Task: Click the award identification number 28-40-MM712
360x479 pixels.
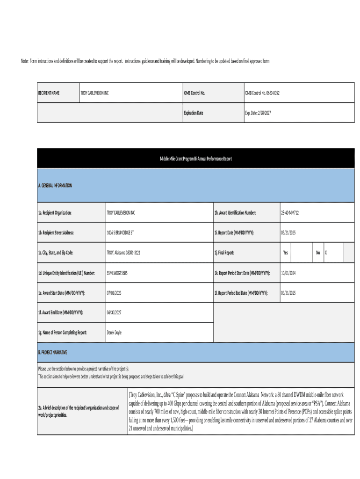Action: [x=289, y=212]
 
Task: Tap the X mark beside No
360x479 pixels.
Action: [x=326, y=253]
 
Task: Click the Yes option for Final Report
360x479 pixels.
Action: [x=285, y=253]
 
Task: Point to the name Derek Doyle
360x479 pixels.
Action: [x=114, y=333]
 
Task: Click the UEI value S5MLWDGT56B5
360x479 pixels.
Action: [x=117, y=273]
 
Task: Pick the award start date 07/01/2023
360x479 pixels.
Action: [x=114, y=293]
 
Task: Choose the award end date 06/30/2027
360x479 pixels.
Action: [x=114, y=312]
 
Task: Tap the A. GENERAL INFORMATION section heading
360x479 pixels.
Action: [x=55, y=186]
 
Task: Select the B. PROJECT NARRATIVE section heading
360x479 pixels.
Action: [x=52, y=352]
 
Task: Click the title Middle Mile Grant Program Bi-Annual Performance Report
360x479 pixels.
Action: [x=195, y=159]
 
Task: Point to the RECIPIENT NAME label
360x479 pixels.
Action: [x=49, y=93]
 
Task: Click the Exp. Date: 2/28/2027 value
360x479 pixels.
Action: [x=258, y=113]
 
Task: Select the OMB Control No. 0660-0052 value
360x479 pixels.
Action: [x=262, y=93]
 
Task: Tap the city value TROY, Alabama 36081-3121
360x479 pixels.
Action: [x=123, y=253]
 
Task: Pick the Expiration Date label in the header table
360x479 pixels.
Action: [x=194, y=113]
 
